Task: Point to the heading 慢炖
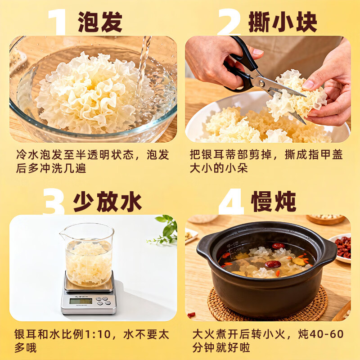coord(274,202)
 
